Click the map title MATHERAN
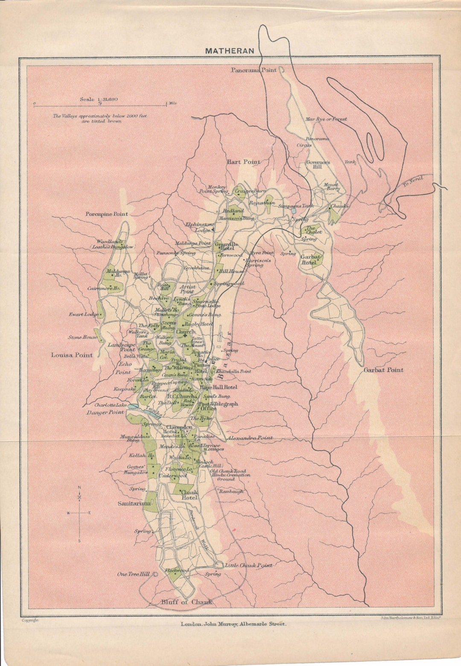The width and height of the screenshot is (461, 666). [229, 51]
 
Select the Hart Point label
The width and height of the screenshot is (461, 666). [243, 162]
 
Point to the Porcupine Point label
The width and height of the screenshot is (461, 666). [107, 214]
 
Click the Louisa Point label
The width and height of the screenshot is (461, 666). [72, 355]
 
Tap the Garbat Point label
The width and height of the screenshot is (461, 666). [383, 370]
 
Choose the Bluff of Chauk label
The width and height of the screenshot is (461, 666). [186, 602]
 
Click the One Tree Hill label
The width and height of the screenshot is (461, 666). [133, 574]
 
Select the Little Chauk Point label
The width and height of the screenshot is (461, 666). [248, 565]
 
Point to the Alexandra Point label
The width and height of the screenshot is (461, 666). [250, 438]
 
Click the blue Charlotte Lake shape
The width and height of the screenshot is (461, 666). [132, 407]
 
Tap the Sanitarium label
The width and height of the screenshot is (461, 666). [134, 504]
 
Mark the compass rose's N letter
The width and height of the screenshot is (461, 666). [79, 488]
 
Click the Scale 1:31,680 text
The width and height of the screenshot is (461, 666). [99, 100]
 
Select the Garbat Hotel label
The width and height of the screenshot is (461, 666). [310, 260]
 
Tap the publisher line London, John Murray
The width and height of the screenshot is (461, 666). [233, 624]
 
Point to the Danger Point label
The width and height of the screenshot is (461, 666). [105, 413]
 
